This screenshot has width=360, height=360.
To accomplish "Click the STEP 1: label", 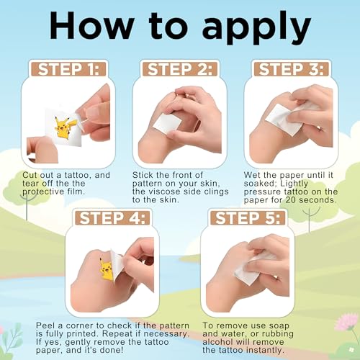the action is click(x=68, y=69).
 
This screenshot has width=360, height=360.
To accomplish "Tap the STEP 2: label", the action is click(x=180, y=69).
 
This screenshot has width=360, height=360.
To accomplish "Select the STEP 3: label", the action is click(x=292, y=69).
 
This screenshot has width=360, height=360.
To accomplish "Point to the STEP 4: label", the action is click(x=112, y=218).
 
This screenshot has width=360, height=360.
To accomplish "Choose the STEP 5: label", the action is click(x=248, y=218).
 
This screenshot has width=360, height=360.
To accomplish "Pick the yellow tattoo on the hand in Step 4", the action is click(x=106, y=269).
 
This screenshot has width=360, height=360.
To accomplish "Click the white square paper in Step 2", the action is click(x=167, y=125).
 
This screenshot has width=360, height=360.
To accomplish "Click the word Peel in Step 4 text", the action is click(x=47, y=325).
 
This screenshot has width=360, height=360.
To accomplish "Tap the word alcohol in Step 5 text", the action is click(x=218, y=342).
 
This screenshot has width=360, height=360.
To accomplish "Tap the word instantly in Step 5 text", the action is click(x=265, y=351).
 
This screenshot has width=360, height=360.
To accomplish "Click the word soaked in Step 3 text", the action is click(x=260, y=184).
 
